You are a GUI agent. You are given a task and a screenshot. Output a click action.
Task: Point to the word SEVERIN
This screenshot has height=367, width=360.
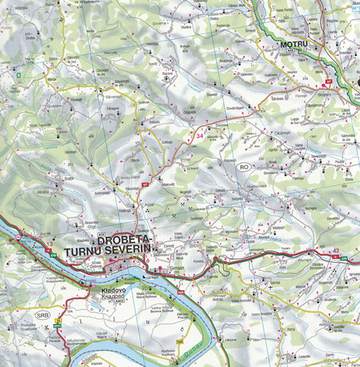coord(146,253)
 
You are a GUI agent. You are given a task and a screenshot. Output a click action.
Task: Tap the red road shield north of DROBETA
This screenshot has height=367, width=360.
coord(146,184)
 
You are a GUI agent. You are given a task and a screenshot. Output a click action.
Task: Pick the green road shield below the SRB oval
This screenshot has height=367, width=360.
coord(57,325)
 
